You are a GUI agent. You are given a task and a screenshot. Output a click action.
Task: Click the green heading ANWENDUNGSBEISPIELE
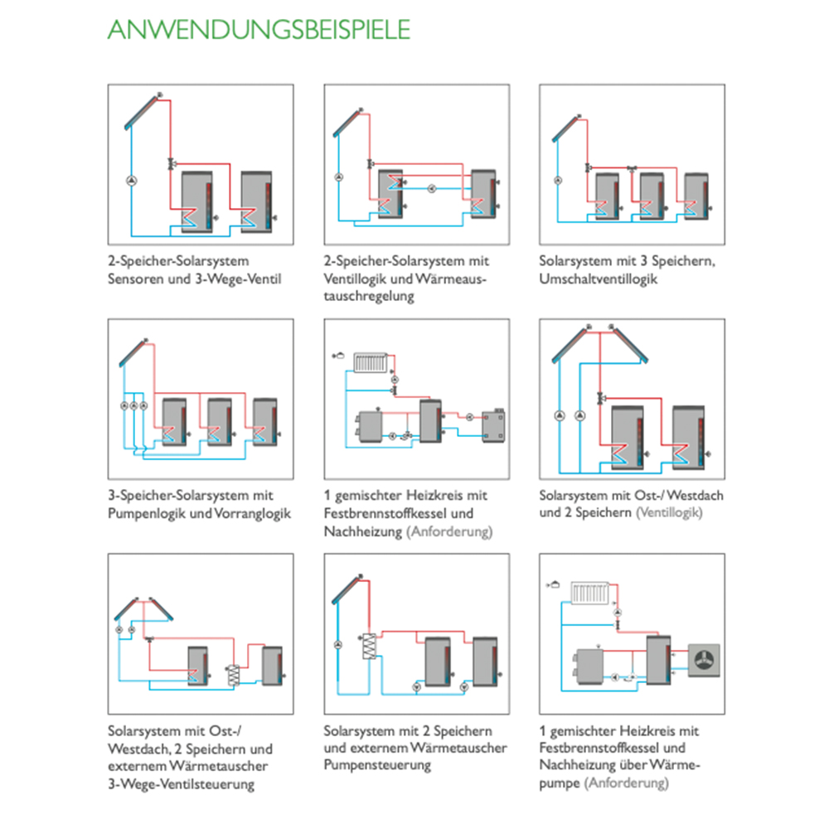click(259, 30)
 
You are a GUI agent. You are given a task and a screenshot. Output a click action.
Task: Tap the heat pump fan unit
click(704, 661)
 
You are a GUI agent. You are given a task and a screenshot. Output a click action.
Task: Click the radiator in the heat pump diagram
click(590, 593)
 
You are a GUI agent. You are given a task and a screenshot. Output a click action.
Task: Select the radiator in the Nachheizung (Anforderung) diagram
click(371, 363)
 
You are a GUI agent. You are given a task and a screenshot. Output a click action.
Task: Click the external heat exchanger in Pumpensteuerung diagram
click(369, 646)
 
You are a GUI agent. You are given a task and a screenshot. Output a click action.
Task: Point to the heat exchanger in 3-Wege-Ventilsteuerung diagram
click(233, 675)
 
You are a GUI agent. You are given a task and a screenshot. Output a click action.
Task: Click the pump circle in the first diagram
click(132, 180)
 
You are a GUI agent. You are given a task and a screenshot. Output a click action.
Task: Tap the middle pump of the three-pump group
click(133, 405)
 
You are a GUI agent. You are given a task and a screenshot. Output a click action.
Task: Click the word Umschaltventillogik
click(598, 279)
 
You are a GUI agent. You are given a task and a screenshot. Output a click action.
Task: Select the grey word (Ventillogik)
click(669, 512)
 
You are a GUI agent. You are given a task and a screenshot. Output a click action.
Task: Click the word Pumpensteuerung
click(377, 765)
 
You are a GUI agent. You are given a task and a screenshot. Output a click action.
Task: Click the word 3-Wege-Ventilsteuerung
click(181, 784)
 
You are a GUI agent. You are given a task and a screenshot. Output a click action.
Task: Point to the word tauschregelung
click(369, 296)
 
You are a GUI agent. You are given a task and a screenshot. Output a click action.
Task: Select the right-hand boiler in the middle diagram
click(494, 424)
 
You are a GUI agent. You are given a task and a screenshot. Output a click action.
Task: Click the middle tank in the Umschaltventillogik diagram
click(652, 196)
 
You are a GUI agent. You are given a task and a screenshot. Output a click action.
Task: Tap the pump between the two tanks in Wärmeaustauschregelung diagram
click(432, 189)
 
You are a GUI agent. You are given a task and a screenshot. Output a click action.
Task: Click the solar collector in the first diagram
click(142, 112)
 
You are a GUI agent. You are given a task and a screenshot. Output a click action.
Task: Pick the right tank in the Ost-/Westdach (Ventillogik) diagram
click(688, 438)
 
